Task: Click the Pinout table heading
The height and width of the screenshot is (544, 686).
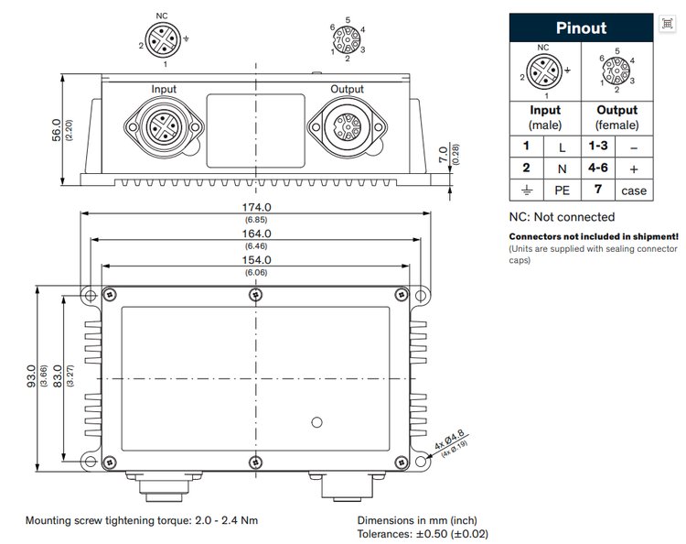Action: pos(581,27)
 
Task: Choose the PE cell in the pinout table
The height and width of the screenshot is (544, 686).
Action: pos(563,190)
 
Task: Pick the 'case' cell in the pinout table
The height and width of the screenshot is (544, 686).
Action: pos(633,190)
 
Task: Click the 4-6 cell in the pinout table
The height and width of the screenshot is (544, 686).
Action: pos(597,168)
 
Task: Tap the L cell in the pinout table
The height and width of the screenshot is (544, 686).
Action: pos(563,146)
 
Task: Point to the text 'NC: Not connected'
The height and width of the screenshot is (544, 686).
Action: pos(562,217)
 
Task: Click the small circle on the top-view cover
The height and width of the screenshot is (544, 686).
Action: pos(316,422)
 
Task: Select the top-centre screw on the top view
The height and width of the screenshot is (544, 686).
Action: pos(254,294)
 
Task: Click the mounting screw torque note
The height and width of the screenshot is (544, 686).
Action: pos(142,520)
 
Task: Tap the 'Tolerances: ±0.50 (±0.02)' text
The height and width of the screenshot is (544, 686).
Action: pos(423,533)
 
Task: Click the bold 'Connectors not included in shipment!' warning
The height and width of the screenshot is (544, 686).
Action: pos(594,236)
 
